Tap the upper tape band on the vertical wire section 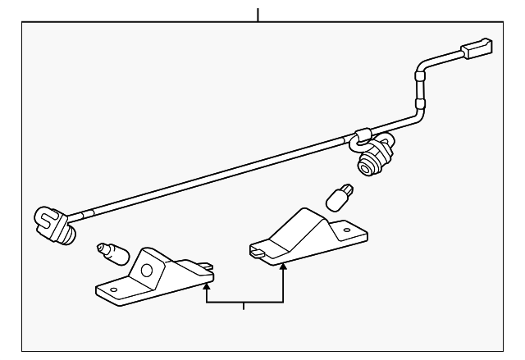coord(422,76)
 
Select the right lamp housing coord(308,235)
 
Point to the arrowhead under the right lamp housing coord(283,267)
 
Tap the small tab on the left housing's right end coord(211,265)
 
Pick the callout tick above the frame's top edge coord(258,14)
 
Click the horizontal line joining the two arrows coord(244,303)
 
